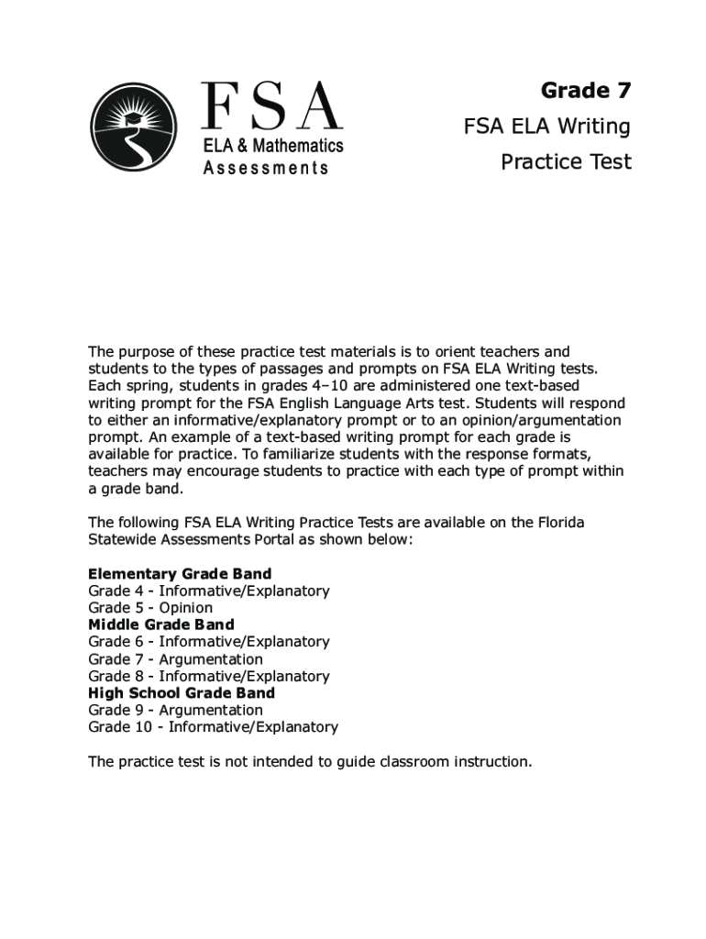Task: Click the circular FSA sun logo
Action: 134,127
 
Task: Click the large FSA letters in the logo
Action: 271,106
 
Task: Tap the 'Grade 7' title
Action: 585,91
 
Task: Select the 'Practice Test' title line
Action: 566,162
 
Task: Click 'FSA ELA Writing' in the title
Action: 546,127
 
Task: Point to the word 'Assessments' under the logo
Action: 266,168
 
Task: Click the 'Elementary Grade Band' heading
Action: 180,574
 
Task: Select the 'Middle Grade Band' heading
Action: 161,624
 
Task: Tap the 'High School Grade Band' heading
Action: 182,693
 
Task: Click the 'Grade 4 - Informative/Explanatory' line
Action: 208,591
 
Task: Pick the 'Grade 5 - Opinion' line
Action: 150,608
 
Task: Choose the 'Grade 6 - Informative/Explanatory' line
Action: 208,642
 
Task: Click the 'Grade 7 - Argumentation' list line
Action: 175,659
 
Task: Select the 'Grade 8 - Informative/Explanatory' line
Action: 208,677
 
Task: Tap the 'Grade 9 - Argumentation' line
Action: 175,711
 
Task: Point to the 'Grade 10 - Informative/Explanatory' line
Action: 213,727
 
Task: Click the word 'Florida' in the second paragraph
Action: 557,523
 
